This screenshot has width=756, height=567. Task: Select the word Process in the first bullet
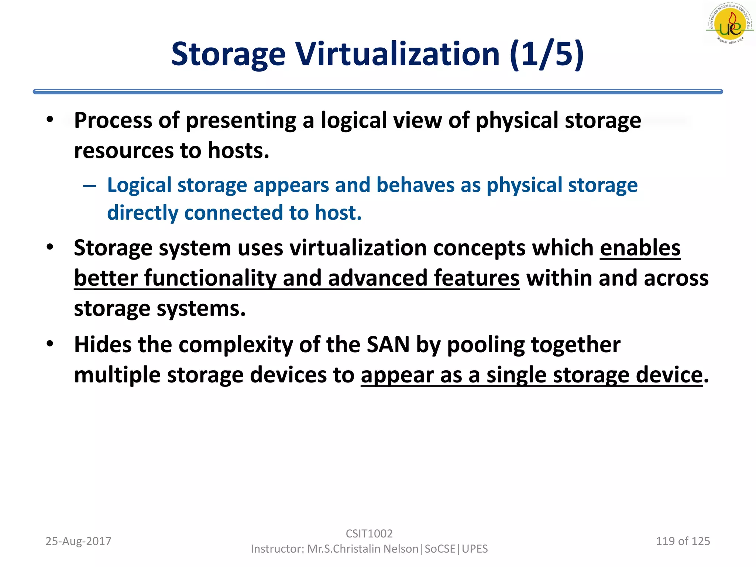pyautogui.click(x=113, y=120)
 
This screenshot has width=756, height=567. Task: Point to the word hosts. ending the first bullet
pyautogui.click(x=238, y=151)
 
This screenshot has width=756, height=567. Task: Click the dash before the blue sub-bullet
pyautogui.click(x=90, y=185)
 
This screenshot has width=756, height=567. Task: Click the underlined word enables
pyautogui.click(x=640, y=248)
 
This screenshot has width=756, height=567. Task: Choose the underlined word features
pyautogui.click(x=477, y=278)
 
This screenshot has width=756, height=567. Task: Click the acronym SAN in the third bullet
pyautogui.click(x=388, y=345)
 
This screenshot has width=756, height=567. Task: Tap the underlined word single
pyautogui.click(x=516, y=375)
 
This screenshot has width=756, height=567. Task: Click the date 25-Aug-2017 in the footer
pyautogui.click(x=78, y=541)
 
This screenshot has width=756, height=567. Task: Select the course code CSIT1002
pyautogui.click(x=369, y=533)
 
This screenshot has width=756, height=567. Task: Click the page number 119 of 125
pyautogui.click(x=683, y=541)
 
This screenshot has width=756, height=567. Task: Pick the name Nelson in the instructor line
pyautogui.click(x=401, y=549)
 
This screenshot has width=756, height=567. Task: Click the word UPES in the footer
pyautogui.click(x=475, y=549)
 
